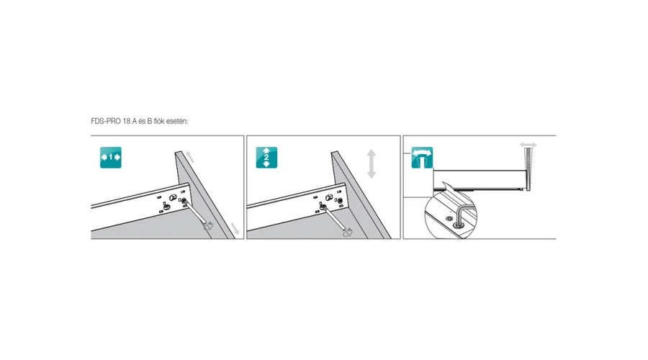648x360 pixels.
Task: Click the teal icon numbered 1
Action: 111,158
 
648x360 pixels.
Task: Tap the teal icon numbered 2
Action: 266,158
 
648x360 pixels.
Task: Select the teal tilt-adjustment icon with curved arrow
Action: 422,158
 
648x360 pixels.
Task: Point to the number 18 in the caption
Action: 127,121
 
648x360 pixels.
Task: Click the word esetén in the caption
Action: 177,121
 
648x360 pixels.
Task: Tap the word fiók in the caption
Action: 159,121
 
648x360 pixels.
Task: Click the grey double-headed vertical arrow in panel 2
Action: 372,163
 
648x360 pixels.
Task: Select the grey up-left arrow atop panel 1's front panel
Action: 189,157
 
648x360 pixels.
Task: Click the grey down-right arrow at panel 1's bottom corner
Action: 235,228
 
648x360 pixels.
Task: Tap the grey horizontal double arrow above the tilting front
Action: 528,145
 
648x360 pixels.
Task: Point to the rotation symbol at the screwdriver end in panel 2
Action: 348,232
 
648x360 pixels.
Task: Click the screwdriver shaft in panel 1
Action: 194,212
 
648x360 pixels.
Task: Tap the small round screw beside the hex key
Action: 449,217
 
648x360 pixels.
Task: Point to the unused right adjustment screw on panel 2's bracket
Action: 340,201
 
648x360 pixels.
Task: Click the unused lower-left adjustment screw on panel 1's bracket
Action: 166,206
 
